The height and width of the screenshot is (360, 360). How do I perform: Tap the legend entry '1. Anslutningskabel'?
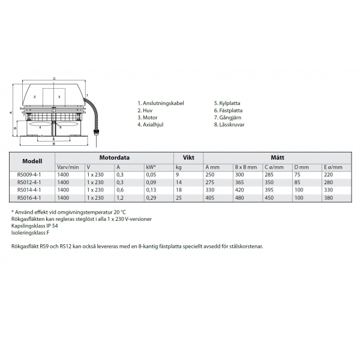[160, 103]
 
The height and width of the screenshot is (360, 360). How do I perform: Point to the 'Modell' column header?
[32, 161]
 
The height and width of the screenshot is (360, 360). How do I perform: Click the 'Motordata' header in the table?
[114, 157]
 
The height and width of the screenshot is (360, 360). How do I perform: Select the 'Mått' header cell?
[277, 157]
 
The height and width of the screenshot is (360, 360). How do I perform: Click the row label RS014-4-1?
[29, 190]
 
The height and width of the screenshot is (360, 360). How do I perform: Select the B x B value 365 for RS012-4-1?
[239, 182]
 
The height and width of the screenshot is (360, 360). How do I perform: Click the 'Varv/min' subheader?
[67, 167]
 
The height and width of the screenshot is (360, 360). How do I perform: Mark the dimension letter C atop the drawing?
[54, 78]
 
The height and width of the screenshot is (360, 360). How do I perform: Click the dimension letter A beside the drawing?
[11, 112]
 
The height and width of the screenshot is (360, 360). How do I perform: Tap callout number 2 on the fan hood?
[35, 96]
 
